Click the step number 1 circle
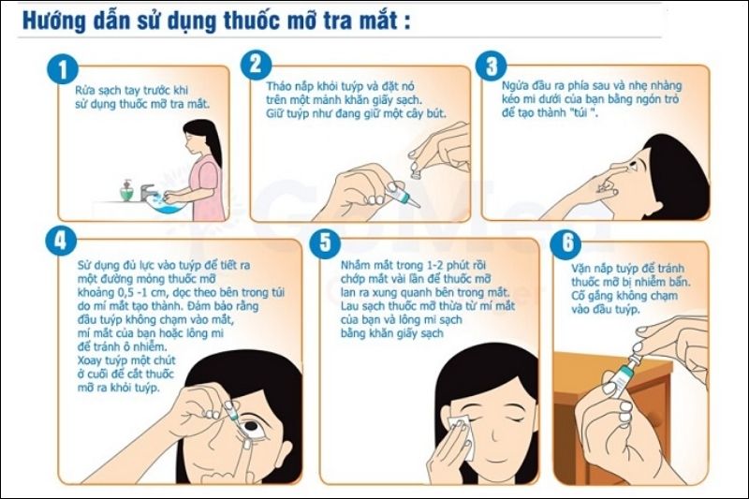pyautogui.click(x=63, y=69)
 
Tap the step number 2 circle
pyautogui.click(x=256, y=64)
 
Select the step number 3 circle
pyautogui.click(x=491, y=66)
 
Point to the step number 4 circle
pyautogui.click(x=61, y=241)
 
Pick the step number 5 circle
pyautogui.click(x=325, y=242)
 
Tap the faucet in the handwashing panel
pyautogui.click(x=148, y=193)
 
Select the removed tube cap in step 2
pyautogui.click(x=415, y=170)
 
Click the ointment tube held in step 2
pyautogui.click(x=403, y=196)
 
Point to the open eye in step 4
pyautogui.click(x=251, y=426)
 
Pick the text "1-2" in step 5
pyautogui.click(x=434, y=265)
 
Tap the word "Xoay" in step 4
pyautogui.click(x=89, y=360)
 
